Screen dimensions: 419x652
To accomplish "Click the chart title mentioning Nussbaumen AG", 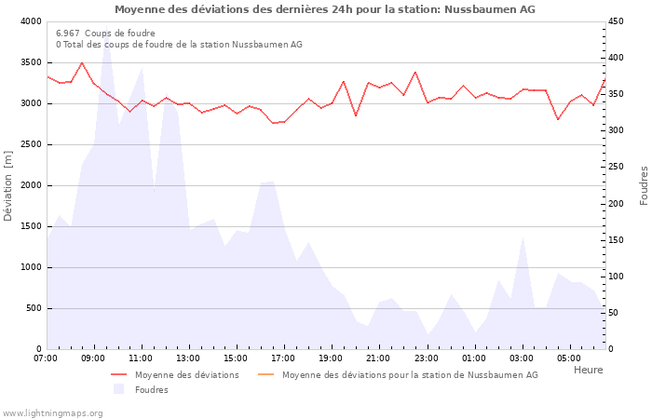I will [x=325, y=9].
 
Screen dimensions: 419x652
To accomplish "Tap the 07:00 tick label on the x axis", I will [x=46, y=358].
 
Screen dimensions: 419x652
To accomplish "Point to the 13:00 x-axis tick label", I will [x=188, y=358].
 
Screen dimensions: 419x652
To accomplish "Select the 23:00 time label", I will [x=427, y=358].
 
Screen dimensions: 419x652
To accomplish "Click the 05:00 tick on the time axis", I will [x=569, y=358].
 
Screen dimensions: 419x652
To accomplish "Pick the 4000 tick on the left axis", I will [x=31, y=21].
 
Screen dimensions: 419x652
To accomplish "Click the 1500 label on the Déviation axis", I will [x=31, y=226].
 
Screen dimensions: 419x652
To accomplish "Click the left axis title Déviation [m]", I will [x=8, y=185].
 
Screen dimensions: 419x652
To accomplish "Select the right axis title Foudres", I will [x=644, y=185].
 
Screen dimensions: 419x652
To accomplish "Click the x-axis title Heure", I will [x=588, y=370].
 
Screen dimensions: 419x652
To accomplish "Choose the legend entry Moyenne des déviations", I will [x=186, y=375].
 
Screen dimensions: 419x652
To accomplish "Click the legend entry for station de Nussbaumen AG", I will [x=410, y=375].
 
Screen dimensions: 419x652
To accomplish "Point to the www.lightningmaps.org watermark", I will [x=52, y=412].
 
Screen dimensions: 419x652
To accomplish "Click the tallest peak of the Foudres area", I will [x=106, y=37].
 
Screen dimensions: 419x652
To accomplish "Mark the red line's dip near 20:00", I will [x=356, y=115].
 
